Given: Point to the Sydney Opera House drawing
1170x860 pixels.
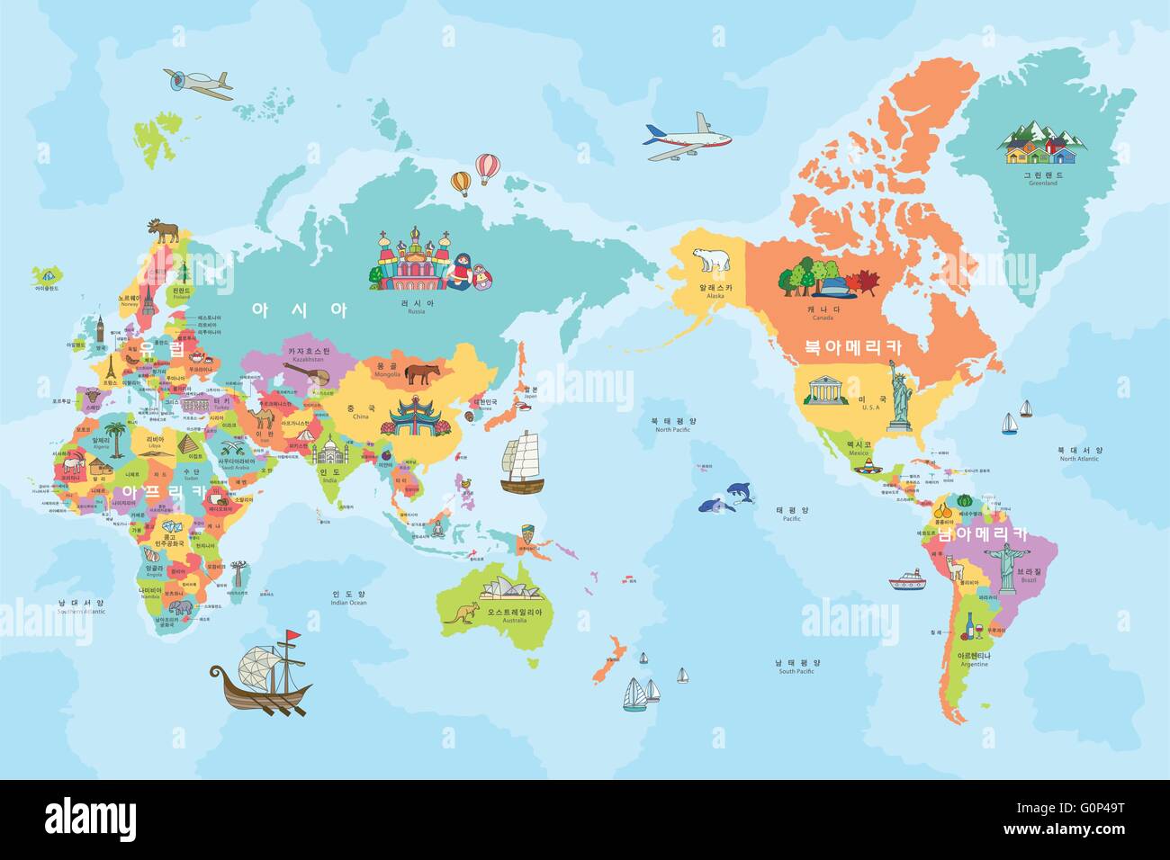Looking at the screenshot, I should pyautogui.click(x=511, y=590).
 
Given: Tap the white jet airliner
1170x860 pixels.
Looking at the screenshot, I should pyautogui.click(x=684, y=137).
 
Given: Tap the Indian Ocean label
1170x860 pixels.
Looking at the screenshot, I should pyautogui.click(x=349, y=597).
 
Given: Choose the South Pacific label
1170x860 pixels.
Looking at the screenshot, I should pyautogui.click(x=796, y=666).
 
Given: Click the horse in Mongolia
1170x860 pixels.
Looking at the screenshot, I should pyautogui.click(x=420, y=373).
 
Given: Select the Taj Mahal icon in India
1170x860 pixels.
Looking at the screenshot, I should pyautogui.click(x=330, y=451).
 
